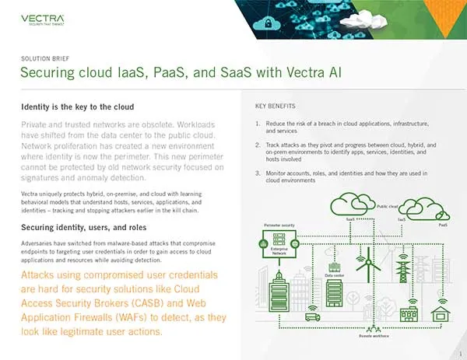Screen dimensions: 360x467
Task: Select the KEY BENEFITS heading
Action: [x=275, y=106]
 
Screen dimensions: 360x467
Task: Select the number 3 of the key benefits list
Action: [x=258, y=170]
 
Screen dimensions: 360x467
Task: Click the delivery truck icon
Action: [x=312, y=316]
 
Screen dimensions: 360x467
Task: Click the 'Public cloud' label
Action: [x=388, y=207]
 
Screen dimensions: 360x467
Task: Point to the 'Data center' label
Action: [x=335, y=275]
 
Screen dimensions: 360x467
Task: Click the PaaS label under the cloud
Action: [x=443, y=225]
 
